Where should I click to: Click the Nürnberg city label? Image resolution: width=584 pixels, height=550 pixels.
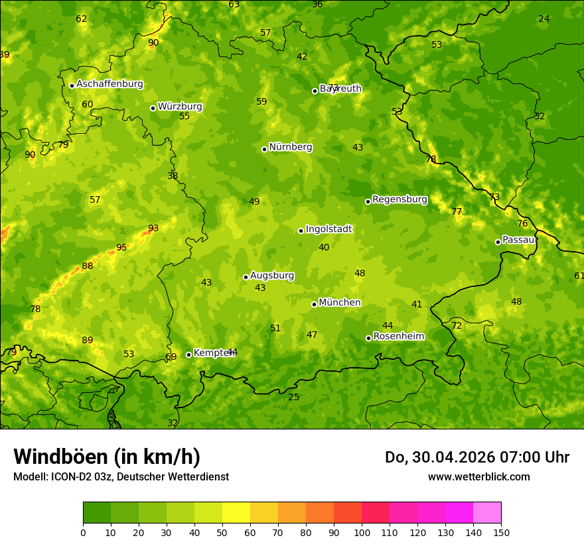(290, 147)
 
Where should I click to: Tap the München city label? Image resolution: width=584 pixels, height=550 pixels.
(339, 303)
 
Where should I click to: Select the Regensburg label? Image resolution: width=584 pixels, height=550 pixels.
(400, 199)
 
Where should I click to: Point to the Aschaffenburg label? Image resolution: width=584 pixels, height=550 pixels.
(110, 84)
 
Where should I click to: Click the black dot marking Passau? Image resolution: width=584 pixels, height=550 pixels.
(498, 242)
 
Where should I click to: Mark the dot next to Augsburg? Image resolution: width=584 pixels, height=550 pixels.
(246, 277)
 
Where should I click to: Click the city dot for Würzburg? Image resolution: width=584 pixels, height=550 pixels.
(153, 108)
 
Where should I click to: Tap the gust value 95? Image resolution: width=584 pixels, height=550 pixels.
(121, 248)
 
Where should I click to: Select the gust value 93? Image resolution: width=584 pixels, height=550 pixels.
(153, 229)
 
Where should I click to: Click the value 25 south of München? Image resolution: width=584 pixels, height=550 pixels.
(294, 398)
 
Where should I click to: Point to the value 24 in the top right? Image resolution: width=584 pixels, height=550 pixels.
(544, 19)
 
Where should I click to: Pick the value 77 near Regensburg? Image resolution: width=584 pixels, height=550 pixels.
(457, 212)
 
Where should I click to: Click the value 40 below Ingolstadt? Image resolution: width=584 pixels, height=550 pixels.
(324, 248)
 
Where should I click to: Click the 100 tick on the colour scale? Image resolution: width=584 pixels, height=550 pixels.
(362, 532)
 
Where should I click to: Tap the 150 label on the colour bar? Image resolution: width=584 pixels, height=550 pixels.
(501, 532)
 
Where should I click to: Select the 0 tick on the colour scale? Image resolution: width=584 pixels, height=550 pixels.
(83, 532)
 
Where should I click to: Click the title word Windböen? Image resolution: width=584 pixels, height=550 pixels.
(60, 457)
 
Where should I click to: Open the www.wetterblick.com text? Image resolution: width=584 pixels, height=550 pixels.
(478, 477)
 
